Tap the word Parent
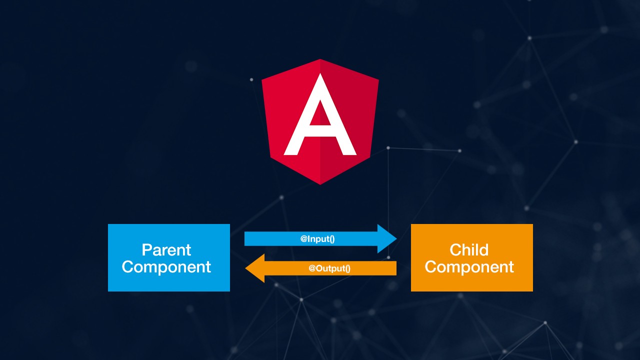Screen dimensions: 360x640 tap(166, 249)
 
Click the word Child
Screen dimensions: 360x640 tap(469, 249)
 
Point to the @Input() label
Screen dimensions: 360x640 tap(317, 239)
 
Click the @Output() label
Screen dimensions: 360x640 tap(329, 268)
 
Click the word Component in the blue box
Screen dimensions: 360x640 tap(166, 267)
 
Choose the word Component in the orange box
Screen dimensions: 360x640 tap(469, 267)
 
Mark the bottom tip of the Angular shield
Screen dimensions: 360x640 tap(320, 183)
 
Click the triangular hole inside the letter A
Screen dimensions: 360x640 tap(320, 114)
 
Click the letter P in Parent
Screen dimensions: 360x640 tap(146, 249)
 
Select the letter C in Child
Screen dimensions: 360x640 tap(455, 249)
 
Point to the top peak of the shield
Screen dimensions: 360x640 tap(320, 60)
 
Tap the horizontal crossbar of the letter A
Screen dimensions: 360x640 tap(320, 132)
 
